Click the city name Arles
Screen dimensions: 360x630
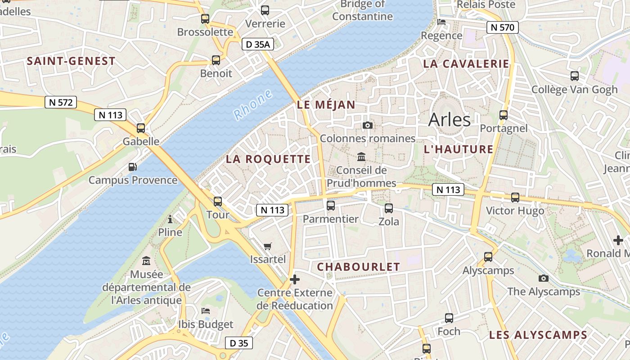pyautogui.click(x=449, y=120)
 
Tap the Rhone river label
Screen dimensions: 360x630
pyautogui.click(x=253, y=105)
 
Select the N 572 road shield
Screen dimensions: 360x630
pyautogui.click(x=61, y=102)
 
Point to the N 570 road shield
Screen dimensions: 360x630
pyautogui.click(x=503, y=27)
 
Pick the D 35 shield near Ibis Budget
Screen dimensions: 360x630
pyautogui.click(x=239, y=343)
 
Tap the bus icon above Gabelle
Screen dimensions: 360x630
pyautogui.click(x=141, y=128)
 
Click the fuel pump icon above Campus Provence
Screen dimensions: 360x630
pyautogui.click(x=132, y=167)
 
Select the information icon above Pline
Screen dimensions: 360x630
pyautogui.click(x=170, y=220)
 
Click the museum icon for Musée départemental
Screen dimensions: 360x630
pyautogui.click(x=146, y=261)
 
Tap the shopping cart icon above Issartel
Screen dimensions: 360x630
pyautogui.click(x=268, y=246)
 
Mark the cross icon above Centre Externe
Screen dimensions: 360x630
pyautogui.click(x=295, y=279)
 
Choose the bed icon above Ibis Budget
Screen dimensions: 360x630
pyautogui.click(x=206, y=311)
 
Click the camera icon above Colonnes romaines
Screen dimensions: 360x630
pyautogui.click(x=368, y=125)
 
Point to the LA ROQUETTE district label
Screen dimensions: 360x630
pyautogui.click(x=268, y=159)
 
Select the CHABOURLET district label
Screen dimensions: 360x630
pyautogui.click(x=358, y=267)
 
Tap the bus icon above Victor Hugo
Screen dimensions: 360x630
pyautogui.click(x=515, y=198)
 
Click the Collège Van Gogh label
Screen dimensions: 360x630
pyautogui.click(x=575, y=90)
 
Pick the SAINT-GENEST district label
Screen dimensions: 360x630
pyautogui.click(x=71, y=61)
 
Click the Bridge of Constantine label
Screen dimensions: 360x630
pyautogui.click(x=362, y=10)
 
